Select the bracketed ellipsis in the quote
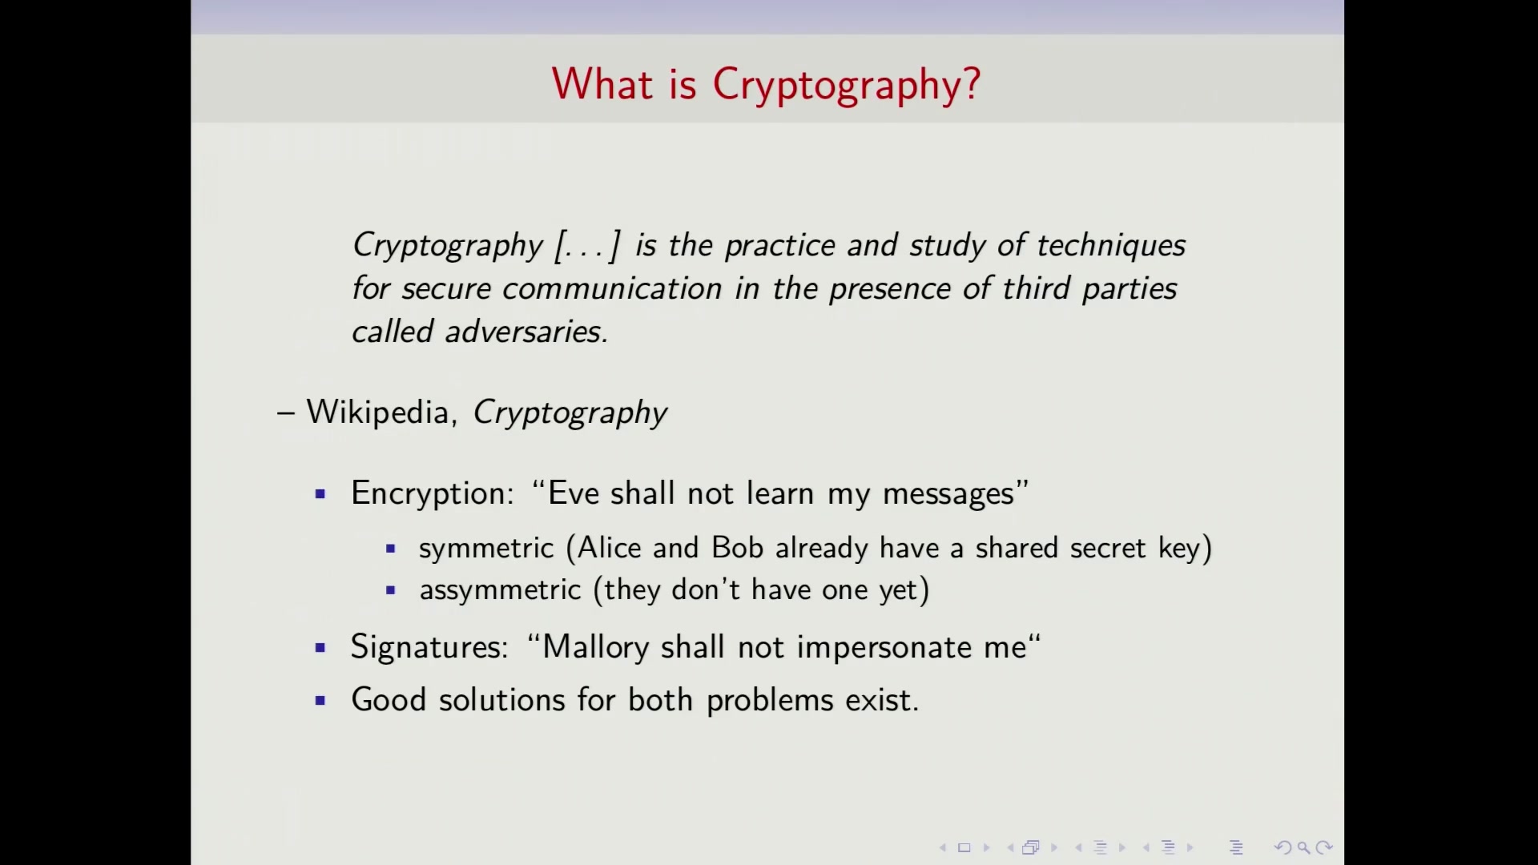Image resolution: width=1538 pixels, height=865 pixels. [587, 246]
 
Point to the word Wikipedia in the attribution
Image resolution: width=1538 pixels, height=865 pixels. [377, 412]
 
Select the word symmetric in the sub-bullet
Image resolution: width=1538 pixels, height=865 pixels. [486, 549]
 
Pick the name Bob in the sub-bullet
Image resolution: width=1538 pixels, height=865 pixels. [737, 548]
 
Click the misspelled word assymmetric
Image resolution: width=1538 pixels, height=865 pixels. [500, 590]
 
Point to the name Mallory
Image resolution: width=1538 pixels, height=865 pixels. [596, 647]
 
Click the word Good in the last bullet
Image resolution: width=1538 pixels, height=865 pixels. [389, 700]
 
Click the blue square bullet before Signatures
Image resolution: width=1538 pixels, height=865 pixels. [320, 647]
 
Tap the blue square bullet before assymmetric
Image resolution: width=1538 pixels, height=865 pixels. [391, 590]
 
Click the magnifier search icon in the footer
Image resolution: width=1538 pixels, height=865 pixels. [1303, 847]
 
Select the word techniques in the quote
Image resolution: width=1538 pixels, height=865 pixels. [1111, 246]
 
